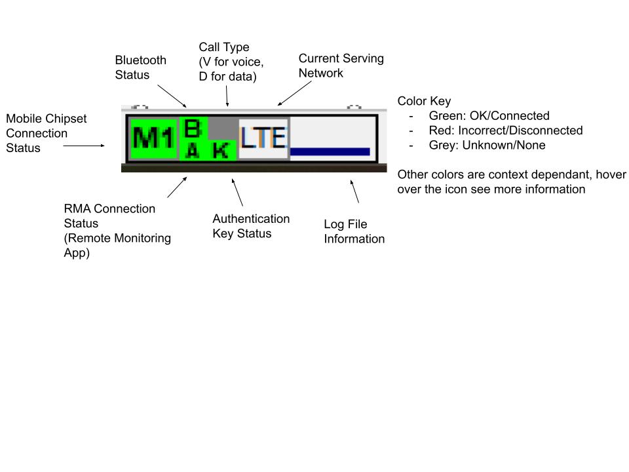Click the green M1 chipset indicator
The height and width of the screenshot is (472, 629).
tap(153, 139)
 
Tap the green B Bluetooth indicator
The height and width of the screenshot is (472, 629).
tap(193, 128)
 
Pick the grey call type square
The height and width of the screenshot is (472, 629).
tap(223, 128)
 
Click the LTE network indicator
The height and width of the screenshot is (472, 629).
tap(263, 138)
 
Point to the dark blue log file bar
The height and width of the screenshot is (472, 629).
tap(330, 151)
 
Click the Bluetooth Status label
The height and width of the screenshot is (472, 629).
tap(140, 68)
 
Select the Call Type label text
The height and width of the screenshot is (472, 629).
tap(231, 62)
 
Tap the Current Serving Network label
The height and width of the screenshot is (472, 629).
tap(341, 66)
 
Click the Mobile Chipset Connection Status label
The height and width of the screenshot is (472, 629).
tap(46, 133)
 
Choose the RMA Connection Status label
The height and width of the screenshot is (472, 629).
tap(117, 231)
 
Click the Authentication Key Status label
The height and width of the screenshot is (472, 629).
tap(251, 226)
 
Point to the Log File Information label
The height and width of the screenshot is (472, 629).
tap(354, 231)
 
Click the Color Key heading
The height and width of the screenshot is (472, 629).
tap(424, 101)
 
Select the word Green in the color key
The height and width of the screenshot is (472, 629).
tap(445, 115)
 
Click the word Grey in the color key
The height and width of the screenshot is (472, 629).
tap(442, 146)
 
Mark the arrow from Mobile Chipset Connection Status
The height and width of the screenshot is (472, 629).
tap(84, 146)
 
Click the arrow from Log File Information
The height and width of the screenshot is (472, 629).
tap(354, 191)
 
